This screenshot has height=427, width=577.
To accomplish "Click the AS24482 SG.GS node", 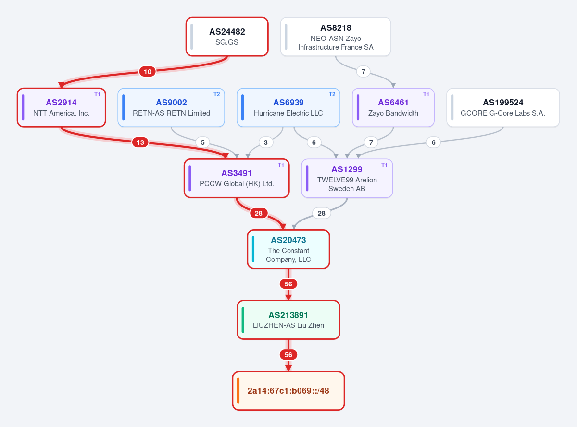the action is pyautogui.click(x=227, y=37).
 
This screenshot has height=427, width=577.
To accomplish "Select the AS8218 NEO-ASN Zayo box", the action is pyautogui.click(x=336, y=37).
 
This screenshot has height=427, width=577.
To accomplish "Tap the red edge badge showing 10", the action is pyautogui.click(x=148, y=72).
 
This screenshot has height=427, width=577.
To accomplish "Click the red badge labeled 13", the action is pyautogui.click(x=140, y=142).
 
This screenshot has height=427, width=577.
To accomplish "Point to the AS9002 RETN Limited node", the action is pyautogui.click(x=171, y=108).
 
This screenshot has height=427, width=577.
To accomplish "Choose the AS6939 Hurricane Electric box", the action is pyautogui.click(x=288, y=108).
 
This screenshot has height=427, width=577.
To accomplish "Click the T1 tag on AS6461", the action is pyautogui.click(x=426, y=94).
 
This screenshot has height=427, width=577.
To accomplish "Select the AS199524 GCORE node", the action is pyautogui.click(x=503, y=108).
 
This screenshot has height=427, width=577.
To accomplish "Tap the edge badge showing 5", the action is pyautogui.click(x=202, y=142).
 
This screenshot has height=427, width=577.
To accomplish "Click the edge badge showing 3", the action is pyautogui.click(x=265, y=142).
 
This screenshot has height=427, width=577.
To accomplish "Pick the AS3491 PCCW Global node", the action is pyautogui.click(x=237, y=179).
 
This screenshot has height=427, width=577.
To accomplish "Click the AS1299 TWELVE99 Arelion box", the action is pyautogui.click(x=347, y=179).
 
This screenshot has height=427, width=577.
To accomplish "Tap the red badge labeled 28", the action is pyautogui.click(x=258, y=213).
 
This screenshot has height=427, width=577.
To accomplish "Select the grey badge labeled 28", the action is pyautogui.click(x=322, y=213).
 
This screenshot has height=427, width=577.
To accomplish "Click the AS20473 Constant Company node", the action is pyautogui.click(x=288, y=249).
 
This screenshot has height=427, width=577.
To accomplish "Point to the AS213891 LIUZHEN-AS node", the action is pyautogui.click(x=288, y=320).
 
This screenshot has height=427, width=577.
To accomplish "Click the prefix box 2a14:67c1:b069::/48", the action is pyautogui.click(x=288, y=391).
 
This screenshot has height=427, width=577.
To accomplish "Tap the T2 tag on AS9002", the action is pyautogui.click(x=216, y=94).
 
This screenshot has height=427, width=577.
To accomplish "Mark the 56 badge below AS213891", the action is pyautogui.click(x=288, y=355).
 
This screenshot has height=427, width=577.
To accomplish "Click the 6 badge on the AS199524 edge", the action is pyautogui.click(x=433, y=142).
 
